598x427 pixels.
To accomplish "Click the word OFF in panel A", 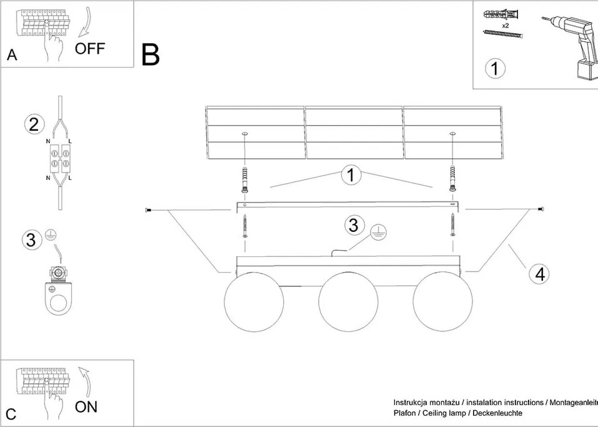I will point(91,49).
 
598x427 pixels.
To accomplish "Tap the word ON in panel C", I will point(86,407).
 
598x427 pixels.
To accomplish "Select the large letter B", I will point(151,55).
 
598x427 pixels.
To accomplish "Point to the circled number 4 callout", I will point(539,274).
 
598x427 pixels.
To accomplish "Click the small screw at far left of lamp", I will point(149,211).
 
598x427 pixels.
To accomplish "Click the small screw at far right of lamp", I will point(541,209).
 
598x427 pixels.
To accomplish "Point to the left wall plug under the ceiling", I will point(245,180).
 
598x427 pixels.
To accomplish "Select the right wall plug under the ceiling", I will point(452,180).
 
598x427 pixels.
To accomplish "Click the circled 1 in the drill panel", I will point(495,68).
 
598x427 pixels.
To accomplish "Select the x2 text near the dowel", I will point(505,25).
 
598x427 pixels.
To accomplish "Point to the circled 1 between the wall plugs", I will point(351,176).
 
